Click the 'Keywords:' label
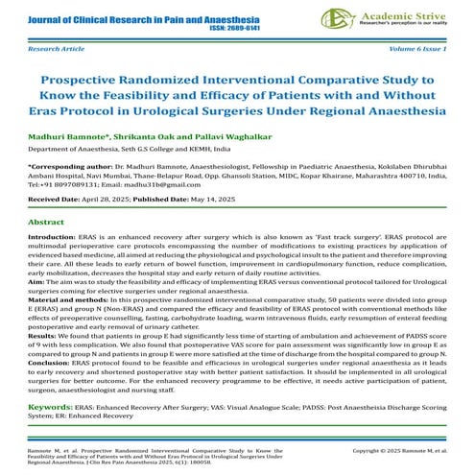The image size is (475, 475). click(53, 407)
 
